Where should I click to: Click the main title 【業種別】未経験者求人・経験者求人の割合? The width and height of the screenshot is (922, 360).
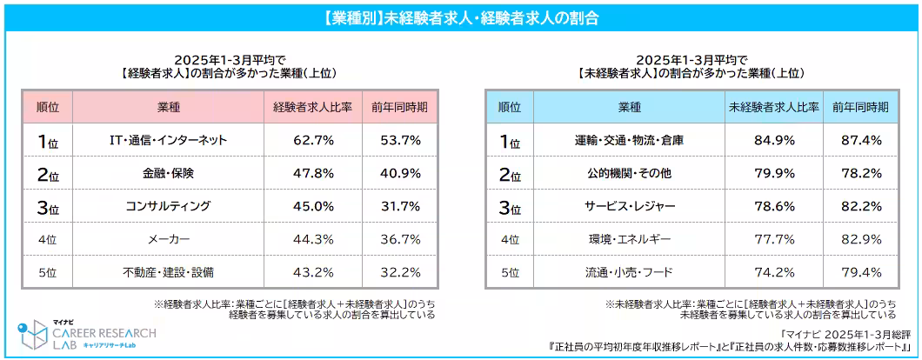[x=460, y=17]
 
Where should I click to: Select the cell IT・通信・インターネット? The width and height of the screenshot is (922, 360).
[x=169, y=140]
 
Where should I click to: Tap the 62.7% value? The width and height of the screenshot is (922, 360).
[x=312, y=140]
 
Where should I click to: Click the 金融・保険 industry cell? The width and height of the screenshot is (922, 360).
[x=169, y=173]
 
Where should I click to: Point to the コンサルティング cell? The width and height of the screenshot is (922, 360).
[x=169, y=206]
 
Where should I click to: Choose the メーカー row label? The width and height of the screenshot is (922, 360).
[x=169, y=239]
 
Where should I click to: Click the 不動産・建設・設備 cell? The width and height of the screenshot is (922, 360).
[x=169, y=272]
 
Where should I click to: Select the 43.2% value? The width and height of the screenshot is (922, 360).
[x=312, y=272]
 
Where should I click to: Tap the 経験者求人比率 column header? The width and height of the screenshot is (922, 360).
[x=312, y=107]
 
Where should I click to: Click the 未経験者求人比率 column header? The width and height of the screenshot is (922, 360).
[x=773, y=107]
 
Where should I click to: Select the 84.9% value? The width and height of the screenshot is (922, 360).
[x=773, y=140]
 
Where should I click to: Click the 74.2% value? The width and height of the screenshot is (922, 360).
[x=773, y=272]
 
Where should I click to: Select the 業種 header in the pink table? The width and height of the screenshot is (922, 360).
[x=169, y=107]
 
